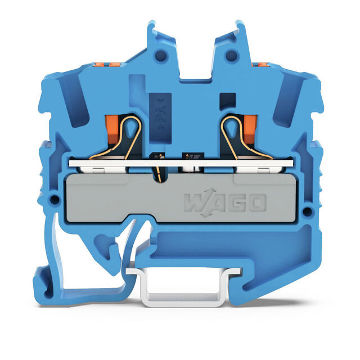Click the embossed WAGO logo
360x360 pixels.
225,202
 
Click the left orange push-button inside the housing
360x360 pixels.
112,129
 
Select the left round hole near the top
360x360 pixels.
161,56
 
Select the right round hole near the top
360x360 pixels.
231,55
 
